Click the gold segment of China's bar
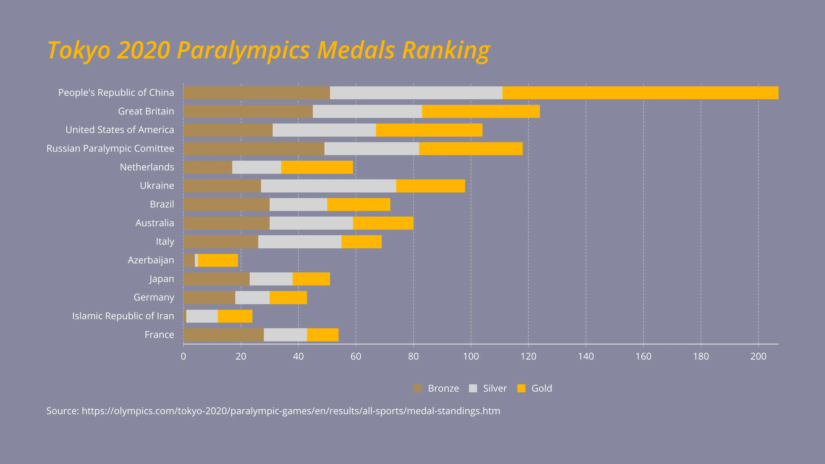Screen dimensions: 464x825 point(640,93)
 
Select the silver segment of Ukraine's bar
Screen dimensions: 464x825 point(328,186)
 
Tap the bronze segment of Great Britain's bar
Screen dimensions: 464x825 point(248,111)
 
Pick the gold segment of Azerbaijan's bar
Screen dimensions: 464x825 point(218,260)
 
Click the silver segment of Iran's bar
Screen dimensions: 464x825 point(202,316)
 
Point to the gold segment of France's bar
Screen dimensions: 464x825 point(322,335)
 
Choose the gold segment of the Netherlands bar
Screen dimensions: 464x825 point(317,167)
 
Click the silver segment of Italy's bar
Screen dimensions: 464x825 point(300,242)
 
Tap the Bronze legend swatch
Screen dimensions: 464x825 point(418,388)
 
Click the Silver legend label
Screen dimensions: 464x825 point(495,388)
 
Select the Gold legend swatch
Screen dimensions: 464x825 point(521,388)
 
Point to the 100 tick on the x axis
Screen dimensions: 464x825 point(471,356)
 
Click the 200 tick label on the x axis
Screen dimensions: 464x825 point(758,356)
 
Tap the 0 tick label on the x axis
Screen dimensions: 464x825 point(183,356)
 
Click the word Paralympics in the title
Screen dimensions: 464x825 point(243,51)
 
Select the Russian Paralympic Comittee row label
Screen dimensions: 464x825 point(110,149)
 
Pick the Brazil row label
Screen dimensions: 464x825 point(162,204)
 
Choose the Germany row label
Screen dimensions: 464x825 point(154,298)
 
